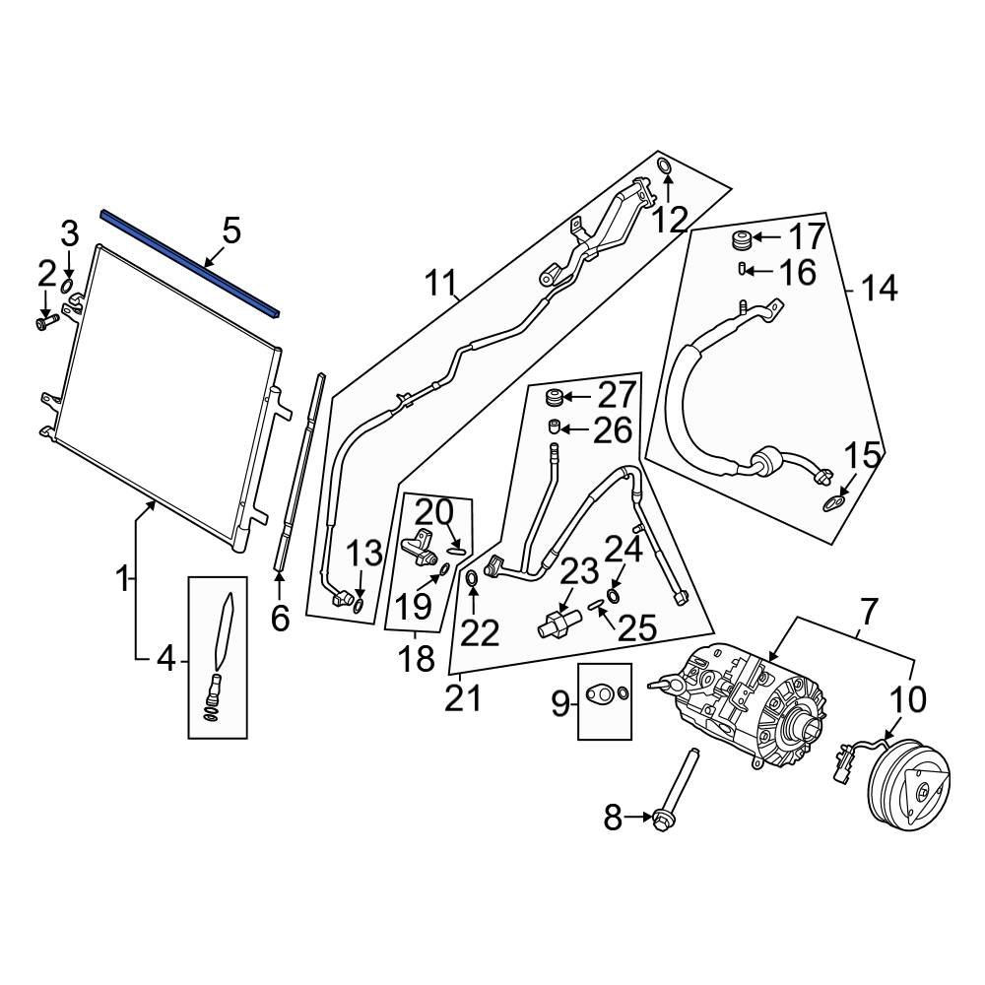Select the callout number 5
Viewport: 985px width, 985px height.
point(230,232)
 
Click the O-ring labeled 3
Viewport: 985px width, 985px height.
point(68,287)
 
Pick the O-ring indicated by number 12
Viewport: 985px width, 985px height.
point(664,165)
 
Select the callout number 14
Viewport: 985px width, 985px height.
point(879,289)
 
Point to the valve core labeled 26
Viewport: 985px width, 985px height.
point(556,427)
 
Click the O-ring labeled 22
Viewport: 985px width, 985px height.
point(472,577)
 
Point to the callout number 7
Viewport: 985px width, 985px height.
point(867,613)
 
